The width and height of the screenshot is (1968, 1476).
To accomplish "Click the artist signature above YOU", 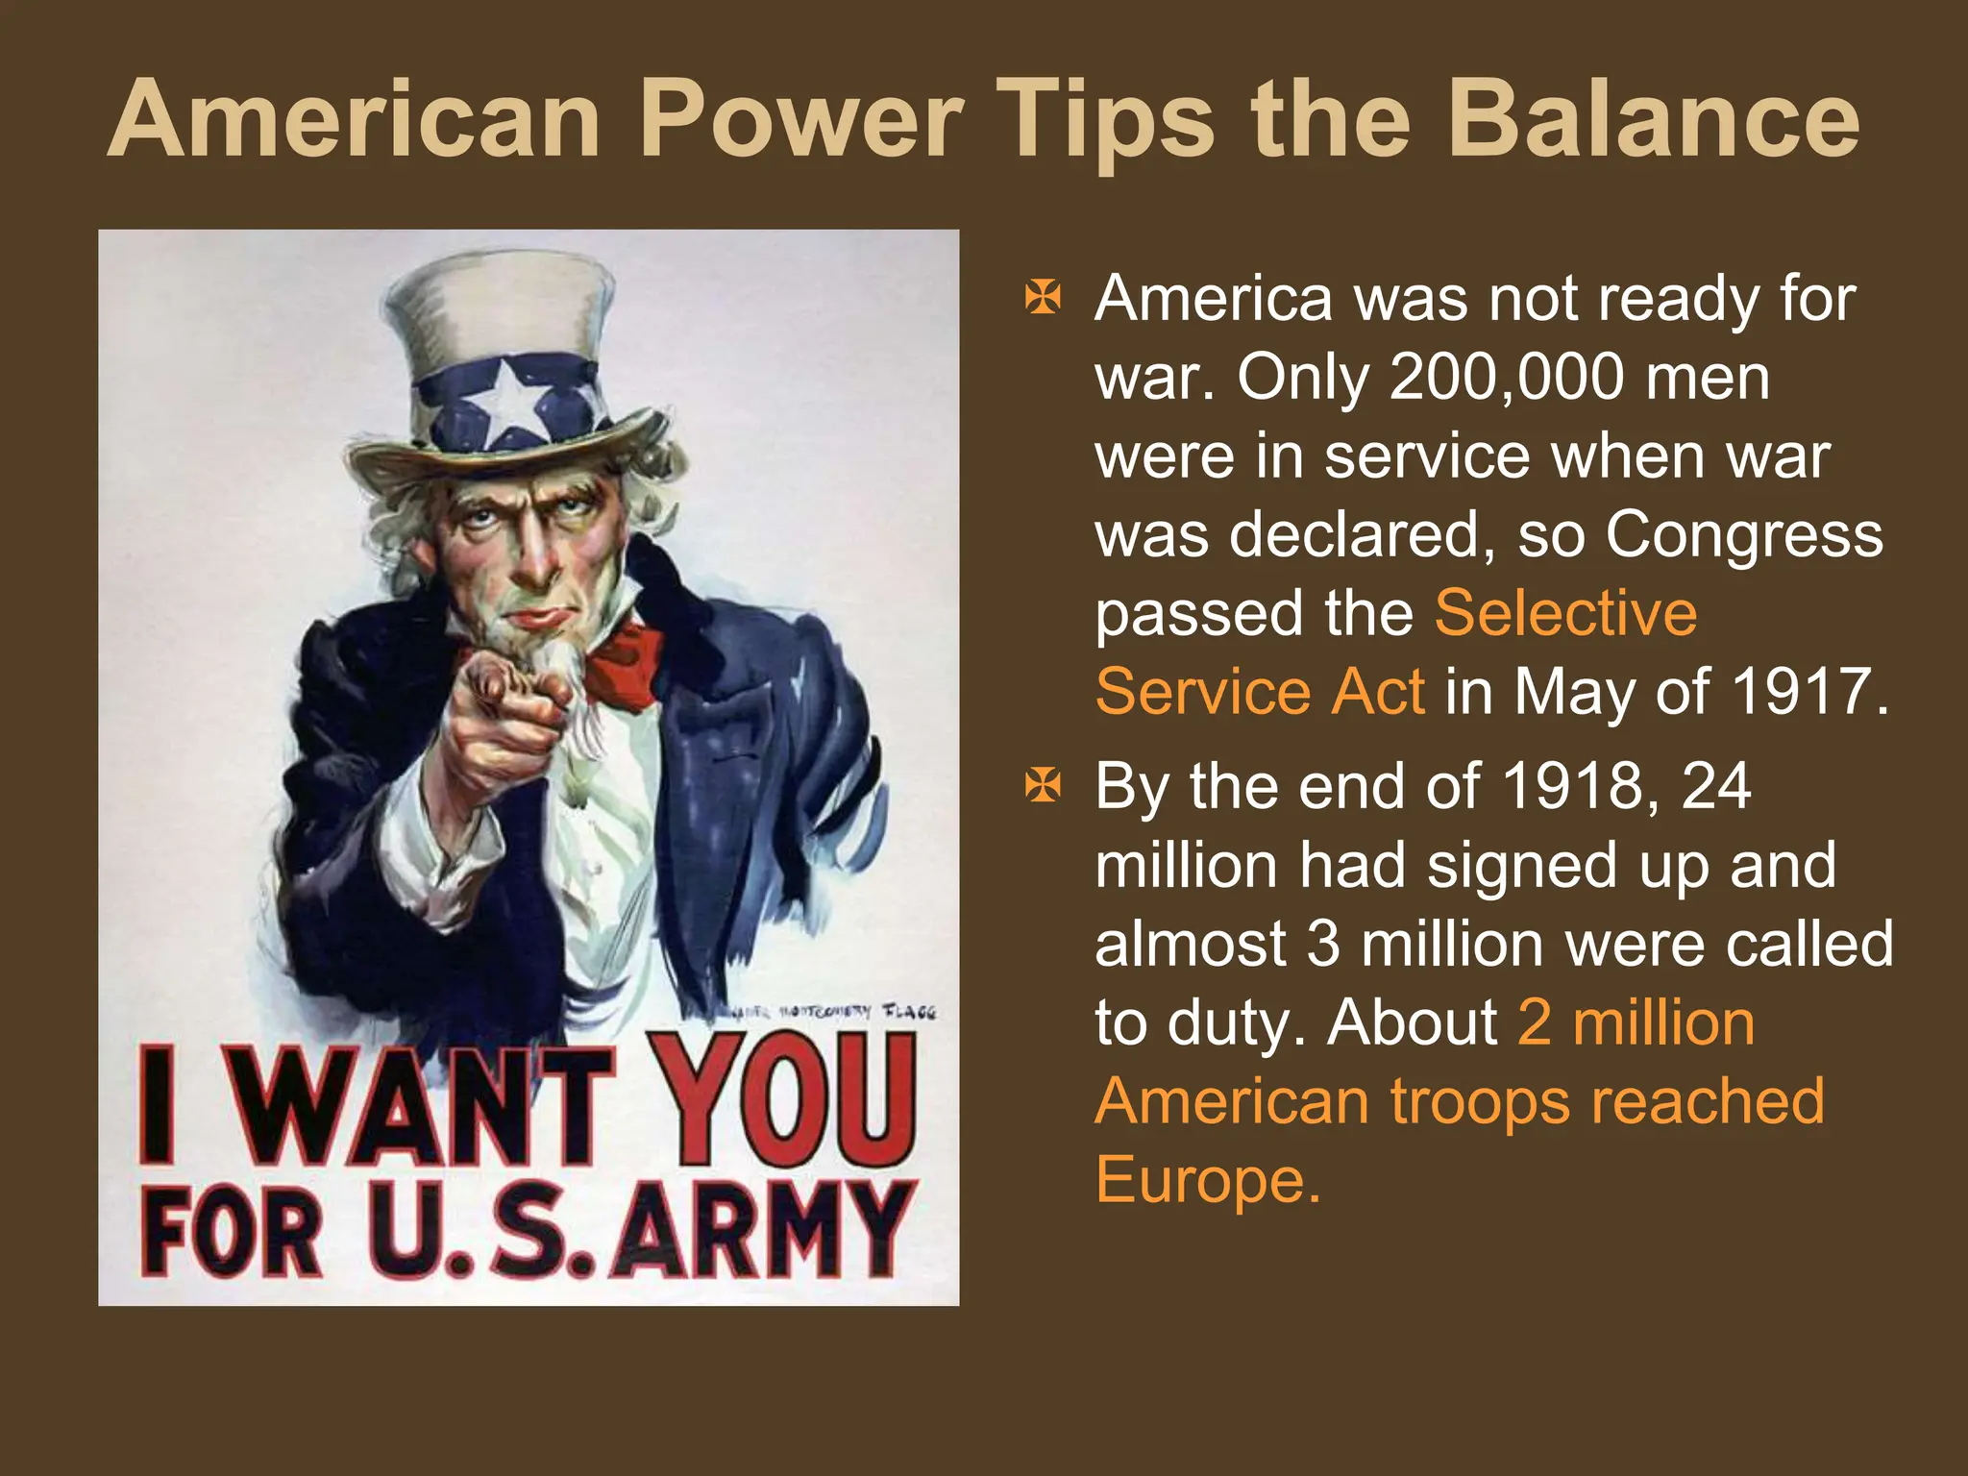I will pos(834,1012).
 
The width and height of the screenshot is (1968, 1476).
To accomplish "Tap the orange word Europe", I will pos(1207,1180).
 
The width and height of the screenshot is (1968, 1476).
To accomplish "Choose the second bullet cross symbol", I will pos(1043,786).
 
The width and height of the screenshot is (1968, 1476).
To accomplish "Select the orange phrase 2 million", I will pos(1636,1022).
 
